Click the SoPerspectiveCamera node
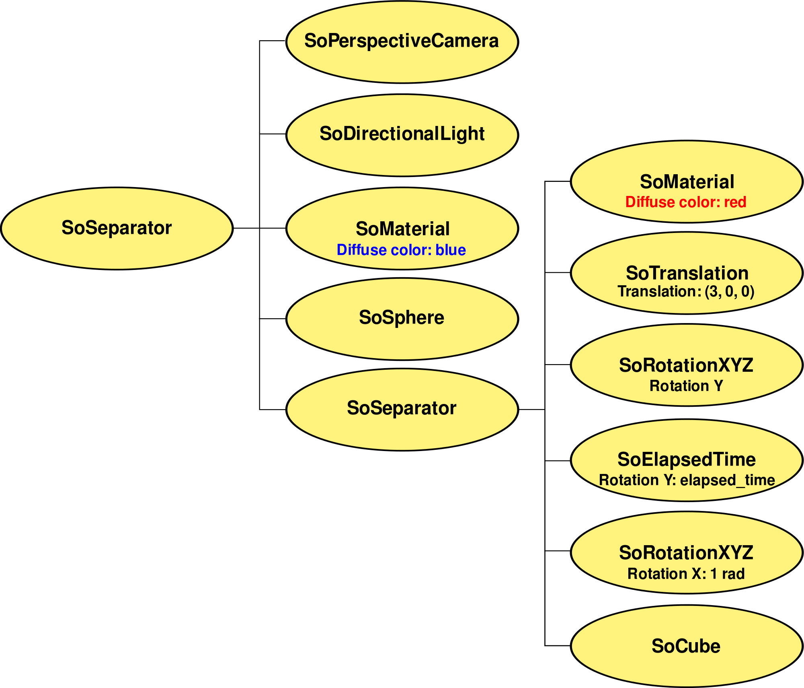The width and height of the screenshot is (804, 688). [x=402, y=42]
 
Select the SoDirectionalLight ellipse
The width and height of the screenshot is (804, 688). [x=402, y=135]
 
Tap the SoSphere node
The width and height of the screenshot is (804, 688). [x=402, y=319]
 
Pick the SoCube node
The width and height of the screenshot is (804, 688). [x=686, y=646]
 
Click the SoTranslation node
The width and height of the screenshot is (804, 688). [x=686, y=273]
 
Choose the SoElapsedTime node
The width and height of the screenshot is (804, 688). [x=686, y=460]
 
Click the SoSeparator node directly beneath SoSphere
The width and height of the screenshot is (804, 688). [x=402, y=409]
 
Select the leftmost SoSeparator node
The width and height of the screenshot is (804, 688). [x=117, y=228]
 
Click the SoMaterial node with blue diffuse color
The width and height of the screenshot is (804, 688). [x=402, y=228]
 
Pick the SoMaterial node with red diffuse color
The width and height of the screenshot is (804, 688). [x=686, y=181]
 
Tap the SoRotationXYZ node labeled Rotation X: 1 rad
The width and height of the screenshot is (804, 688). [x=686, y=552]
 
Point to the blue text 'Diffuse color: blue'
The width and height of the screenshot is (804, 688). [x=401, y=250]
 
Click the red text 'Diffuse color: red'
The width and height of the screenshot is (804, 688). [x=686, y=202]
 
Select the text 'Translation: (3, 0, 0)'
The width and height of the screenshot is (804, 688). [x=686, y=292]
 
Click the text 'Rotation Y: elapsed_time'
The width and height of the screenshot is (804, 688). [x=687, y=480]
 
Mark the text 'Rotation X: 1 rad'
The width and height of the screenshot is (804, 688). [x=686, y=574]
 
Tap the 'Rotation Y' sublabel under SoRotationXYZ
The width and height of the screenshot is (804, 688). [x=686, y=386]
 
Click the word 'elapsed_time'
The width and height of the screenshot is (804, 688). [x=728, y=480]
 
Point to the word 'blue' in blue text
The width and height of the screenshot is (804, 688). [x=451, y=250]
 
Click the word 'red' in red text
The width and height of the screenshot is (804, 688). [x=735, y=202]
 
